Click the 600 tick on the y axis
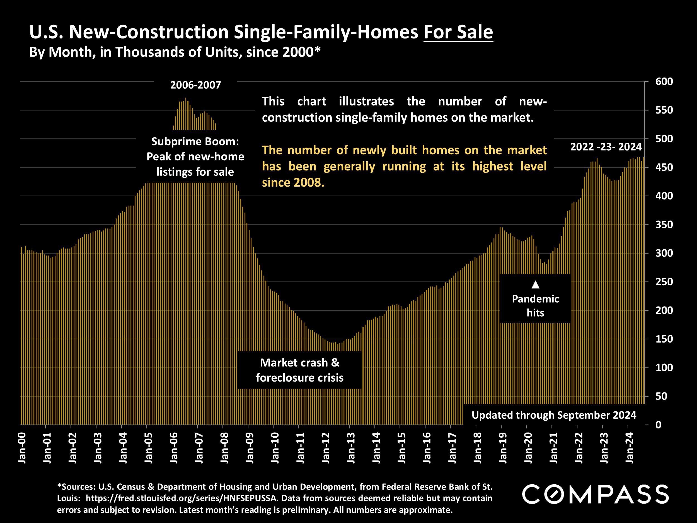[x=664, y=82]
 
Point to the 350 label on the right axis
[x=664, y=225]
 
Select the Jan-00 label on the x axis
[x=22, y=448]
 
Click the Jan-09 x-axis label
[x=250, y=448]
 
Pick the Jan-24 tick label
[x=630, y=448]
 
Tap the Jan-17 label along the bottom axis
[x=452, y=448]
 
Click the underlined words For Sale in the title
[x=458, y=32]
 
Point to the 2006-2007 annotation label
[x=195, y=85]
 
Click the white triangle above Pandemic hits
[x=535, y=285]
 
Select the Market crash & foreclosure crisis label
[x=300, y=370]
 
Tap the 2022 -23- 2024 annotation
[x=606, y=147]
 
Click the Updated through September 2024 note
[x=554, y=415]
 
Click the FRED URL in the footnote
[x=182, y=498]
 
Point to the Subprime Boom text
[x=195, y=141]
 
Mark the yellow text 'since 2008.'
[x=293, y=182]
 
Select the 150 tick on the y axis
[x=664, y=339]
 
